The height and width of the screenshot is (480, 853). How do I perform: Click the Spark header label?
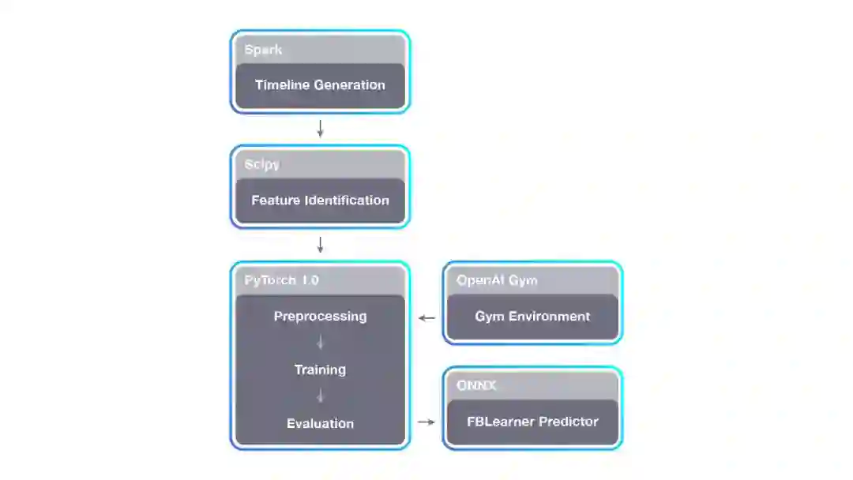(x=263, y=50)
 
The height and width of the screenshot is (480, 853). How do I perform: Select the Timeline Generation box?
(x=320, y=86)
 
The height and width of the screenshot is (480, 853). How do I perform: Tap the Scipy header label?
(x=262, y=165)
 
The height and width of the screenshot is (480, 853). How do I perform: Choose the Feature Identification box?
(x=320, y=201)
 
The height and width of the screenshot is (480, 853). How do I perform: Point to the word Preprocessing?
(x=320, y=317)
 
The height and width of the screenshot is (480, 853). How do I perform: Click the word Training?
(x=320, y=369)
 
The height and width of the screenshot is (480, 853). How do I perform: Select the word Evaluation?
(x=320, y=424)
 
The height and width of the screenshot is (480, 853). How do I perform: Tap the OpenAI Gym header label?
(x=497, y=280)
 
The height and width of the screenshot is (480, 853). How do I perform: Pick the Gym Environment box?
(x=532, y=317)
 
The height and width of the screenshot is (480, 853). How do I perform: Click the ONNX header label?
(x=476, y=385)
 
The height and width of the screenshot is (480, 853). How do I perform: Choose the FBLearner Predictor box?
(x=532, y=422)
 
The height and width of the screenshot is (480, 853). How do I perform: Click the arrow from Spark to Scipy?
(x=320, y=129)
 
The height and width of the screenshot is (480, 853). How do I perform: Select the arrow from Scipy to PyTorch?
(x=320, y=244)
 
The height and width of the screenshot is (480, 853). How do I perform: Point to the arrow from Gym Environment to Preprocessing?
(x=426, y=318)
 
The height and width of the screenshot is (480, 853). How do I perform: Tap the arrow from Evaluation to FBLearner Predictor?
(x=426, y=422)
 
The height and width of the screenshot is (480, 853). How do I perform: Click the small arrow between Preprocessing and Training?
(x=320, y=343)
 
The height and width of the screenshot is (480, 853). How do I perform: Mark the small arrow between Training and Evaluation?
(x=320, y=396)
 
